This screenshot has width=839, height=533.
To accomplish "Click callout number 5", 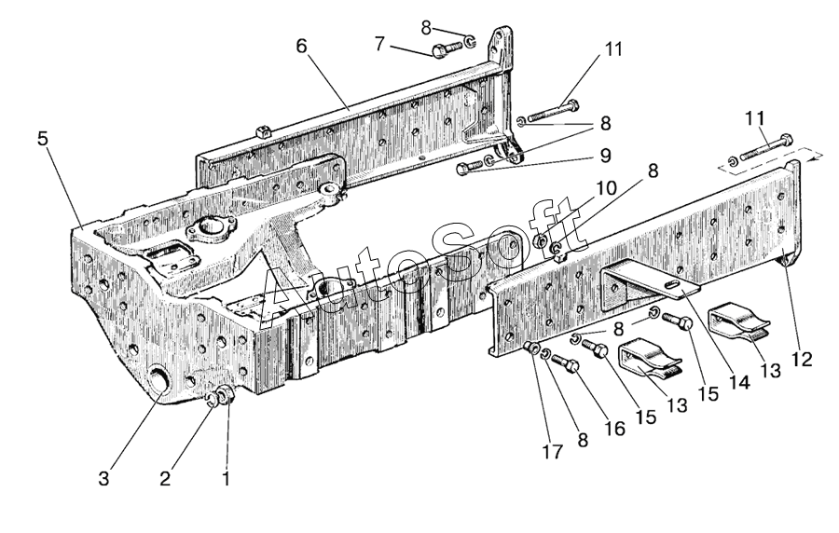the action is click(x=43, y=139).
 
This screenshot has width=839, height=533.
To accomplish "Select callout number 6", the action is click(x=302, y=47).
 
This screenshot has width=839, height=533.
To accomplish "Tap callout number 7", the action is click(x=379, y=44).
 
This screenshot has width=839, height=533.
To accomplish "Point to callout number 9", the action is click(x=605, y=156).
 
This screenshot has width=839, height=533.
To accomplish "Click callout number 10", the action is click(x=606, y=188).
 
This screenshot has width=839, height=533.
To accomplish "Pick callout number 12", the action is click(x=802, y=359).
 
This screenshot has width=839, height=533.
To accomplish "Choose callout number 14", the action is click(x=738, y=382).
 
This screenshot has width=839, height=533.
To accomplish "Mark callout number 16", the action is click(x=614, y=429).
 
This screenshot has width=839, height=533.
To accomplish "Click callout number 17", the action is click(x=552, y=452).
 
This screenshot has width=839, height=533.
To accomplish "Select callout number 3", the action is click(x=103, y=478).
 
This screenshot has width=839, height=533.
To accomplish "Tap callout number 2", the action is click(x=165, y=478).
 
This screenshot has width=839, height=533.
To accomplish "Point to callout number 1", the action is click(x=226, y=478).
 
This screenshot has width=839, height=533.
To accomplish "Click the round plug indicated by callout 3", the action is click(x=158, y=380).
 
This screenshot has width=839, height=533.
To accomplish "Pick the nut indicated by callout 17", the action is click(x=532, y=348).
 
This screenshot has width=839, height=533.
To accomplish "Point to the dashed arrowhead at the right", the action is click(x=817, y=155).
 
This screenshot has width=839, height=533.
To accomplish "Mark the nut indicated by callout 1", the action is click(x=226, y=393).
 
